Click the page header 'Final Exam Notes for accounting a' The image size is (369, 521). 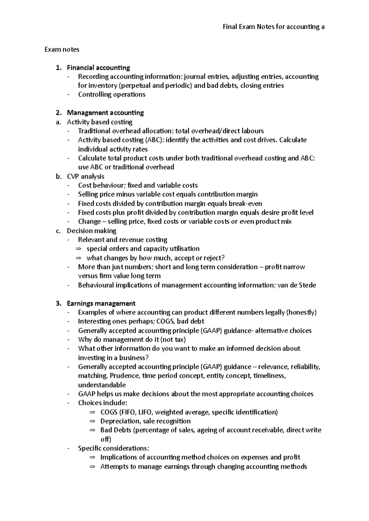273,27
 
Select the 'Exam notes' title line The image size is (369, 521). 62,49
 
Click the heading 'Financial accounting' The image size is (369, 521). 98,68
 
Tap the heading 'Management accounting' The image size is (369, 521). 105,113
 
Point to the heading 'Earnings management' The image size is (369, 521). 101,303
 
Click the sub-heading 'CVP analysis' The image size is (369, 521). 85,176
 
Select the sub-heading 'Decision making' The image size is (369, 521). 91,231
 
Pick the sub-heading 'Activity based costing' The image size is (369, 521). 100,122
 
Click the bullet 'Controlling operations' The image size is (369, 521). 112,95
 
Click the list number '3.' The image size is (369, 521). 59,303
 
